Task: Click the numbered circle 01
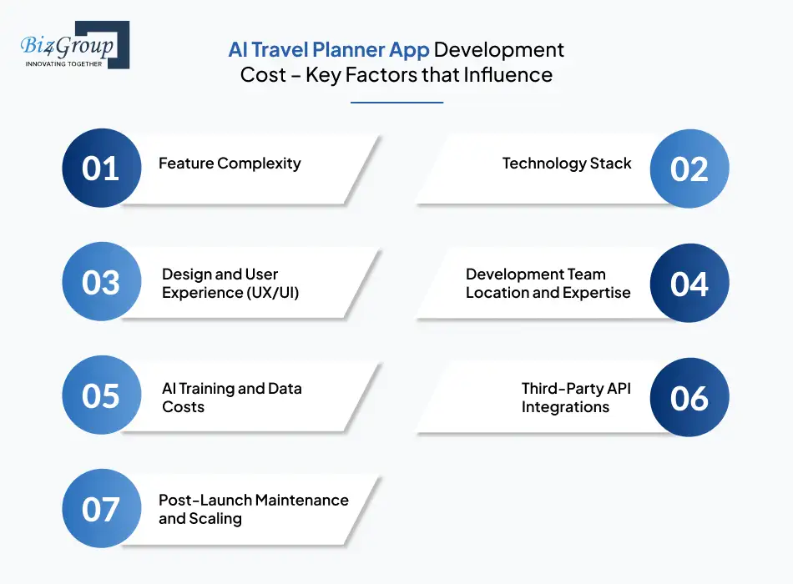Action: (101, 169)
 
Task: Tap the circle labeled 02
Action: (689, 169)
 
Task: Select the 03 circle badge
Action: (101, 283)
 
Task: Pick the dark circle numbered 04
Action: (689, 283)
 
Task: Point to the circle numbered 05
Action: (101, 396)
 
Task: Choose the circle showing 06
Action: (689, 397)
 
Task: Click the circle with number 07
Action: (101, 509)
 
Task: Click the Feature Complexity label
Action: (230, 164)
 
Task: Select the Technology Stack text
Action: (567, 164)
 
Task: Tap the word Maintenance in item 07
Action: (301, 500)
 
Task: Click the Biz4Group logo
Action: (72, 45)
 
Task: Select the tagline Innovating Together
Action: (64, 63)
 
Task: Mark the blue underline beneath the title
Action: (396, 103)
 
